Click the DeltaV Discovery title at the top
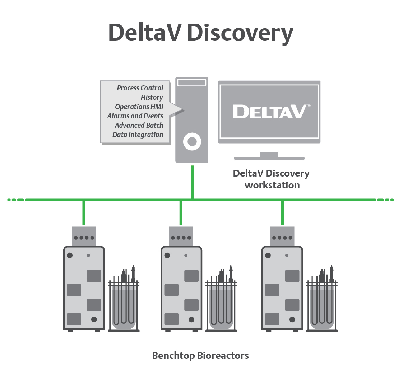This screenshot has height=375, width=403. [200, 33]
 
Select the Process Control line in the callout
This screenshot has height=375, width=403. [140, 88]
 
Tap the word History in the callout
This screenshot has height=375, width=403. [152, 97]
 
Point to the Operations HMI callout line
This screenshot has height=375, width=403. [139, 107]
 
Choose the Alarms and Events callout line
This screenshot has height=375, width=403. [135, 116]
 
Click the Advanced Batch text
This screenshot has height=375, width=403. [139, 125]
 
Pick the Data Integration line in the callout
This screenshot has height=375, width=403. [138, 135]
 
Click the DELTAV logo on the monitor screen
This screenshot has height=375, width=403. [269, 111]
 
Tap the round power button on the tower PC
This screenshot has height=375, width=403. [192, 142]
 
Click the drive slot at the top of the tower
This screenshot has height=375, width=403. [192, 83]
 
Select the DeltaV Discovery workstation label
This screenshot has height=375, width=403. [271, 179]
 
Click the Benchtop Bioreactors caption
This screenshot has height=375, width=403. [200, 356]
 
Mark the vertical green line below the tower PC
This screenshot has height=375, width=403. [193, 181]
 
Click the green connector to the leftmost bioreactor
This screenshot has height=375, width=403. [84, 213]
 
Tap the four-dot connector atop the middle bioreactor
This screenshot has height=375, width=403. [181, 238]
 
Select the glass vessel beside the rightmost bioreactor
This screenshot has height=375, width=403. [322, 305]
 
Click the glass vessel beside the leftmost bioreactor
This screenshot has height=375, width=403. [124, 305]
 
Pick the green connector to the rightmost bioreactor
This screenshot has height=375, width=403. [282, 213]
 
